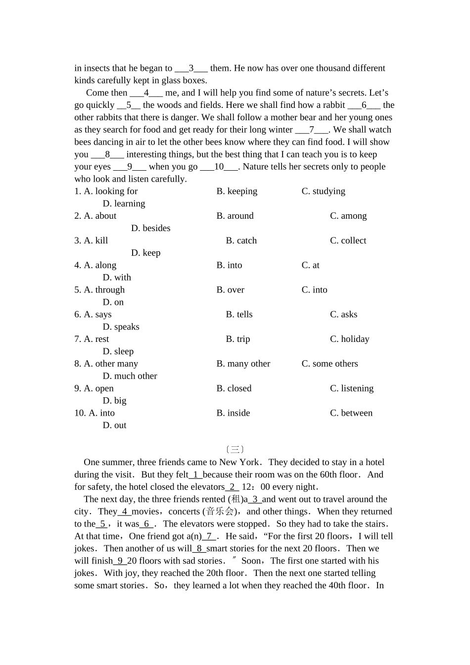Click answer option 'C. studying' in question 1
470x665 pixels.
pyautogui.click(x=323, y=191)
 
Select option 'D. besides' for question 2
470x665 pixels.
pyautogui.click(x=150, y=228)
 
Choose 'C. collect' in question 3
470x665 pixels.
pyautogui.click(x=348, y=240)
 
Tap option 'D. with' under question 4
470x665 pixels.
pyautogui.click(x=117, y=278)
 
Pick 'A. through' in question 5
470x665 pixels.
pyautogui.click(x=104, y=290)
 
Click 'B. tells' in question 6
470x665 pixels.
pyautogui.click(x=239, y=315)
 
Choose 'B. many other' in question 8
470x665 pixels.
pyautogui.click(x=243, y=364)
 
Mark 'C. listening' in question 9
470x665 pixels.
pyautogui.click(x=351, y=388)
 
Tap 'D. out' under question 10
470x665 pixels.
pyautogui.click(x=114, y=426)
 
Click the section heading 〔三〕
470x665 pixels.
pyautogui.click(x=235, y=450)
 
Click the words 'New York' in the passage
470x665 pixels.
pyautogui.click(x=239, y=462)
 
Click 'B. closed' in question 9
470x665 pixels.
pyautogui.click(x=234, y=388)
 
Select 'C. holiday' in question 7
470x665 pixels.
pyautogui.click(x=349, y=339)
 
